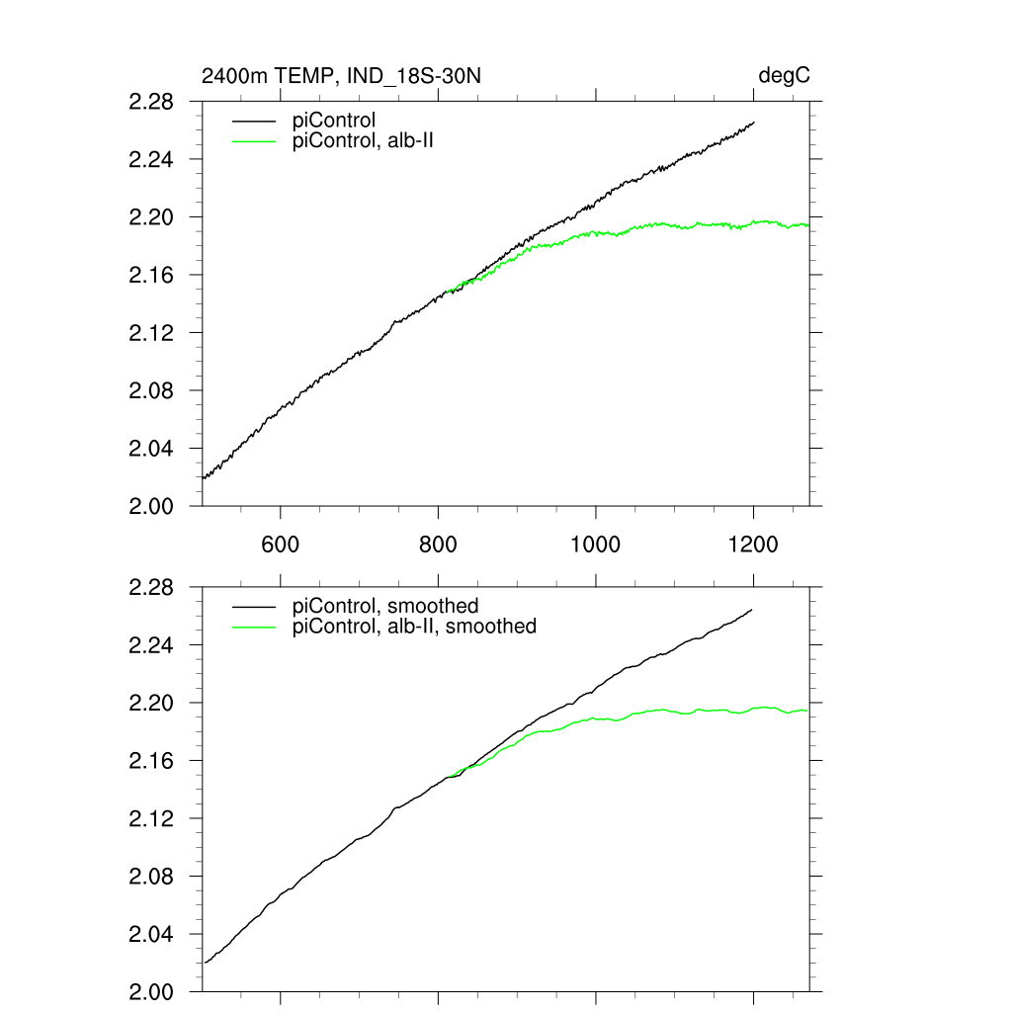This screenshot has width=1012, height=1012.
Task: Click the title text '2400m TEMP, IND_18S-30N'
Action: point(341,76)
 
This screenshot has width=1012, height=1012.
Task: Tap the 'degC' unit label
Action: point(785,76)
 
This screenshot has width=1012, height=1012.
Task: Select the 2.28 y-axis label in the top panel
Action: point(151,102)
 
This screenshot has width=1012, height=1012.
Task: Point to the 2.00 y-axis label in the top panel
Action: point(151,506)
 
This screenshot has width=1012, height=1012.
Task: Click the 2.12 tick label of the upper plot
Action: point(151,333)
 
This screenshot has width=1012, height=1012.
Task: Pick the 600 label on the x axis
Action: point(281,545)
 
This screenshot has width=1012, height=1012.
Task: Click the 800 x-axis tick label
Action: point(438,545)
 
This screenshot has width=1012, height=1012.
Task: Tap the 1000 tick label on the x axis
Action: point(596,545)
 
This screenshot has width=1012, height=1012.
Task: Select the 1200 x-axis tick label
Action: point(753,545)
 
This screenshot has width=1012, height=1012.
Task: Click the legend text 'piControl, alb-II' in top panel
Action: point(364,141)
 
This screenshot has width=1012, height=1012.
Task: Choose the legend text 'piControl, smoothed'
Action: point(385,606)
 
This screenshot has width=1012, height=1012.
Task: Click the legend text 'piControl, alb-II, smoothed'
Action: point(414,627)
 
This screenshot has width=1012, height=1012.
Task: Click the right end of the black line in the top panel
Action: point(754,123)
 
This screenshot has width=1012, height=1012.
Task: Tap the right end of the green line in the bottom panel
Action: point(808,711)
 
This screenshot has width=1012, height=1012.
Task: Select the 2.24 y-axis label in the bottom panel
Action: point(151,645)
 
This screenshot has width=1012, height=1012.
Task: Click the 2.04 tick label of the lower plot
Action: point(151,934)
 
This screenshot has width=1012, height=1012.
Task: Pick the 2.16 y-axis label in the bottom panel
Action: point(151,761)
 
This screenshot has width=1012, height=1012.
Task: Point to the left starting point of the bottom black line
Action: point(204,963)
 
